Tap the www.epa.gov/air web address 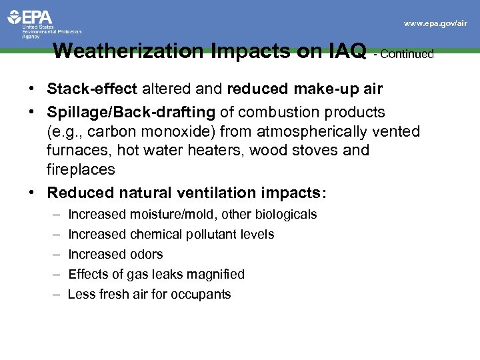point(435,23)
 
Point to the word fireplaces point(81,169)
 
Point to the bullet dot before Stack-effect point(32,89)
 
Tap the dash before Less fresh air point(53,294)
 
